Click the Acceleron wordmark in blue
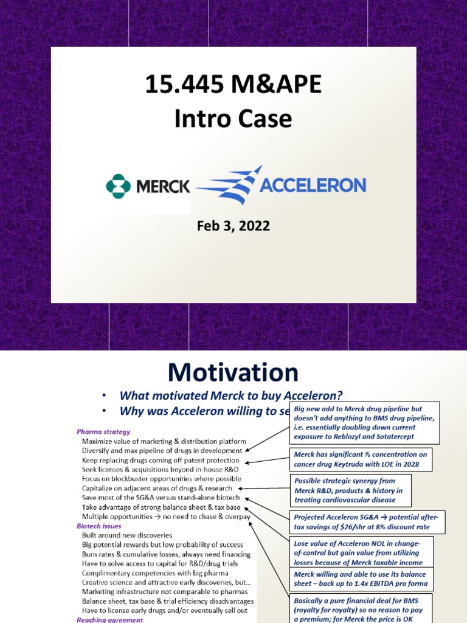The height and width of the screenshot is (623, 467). coord(313,185)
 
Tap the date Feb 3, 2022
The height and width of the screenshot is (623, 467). coord(233,226)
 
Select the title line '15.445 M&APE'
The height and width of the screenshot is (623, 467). coord(233,85)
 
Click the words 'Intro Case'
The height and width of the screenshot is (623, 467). coord(233,119)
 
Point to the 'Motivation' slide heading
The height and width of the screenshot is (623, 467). coord(233,372)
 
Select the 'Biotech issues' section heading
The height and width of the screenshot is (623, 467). coord(99,526)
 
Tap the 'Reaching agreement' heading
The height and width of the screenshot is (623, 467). coord(109,619)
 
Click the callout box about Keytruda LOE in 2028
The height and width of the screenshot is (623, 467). coord(361,459)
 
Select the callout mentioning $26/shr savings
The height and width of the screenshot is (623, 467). coord(367,521)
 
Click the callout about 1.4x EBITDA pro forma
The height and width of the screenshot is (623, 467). coord(361,579)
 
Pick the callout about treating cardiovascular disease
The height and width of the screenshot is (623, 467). coord(353,490)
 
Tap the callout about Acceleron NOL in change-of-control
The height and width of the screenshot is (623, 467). coord(361,551)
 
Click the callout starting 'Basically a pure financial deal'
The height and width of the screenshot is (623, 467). coord(361,608)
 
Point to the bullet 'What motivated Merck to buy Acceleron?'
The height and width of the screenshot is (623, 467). coord(227,395)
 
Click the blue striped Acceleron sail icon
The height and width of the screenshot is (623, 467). coord(229,185)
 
